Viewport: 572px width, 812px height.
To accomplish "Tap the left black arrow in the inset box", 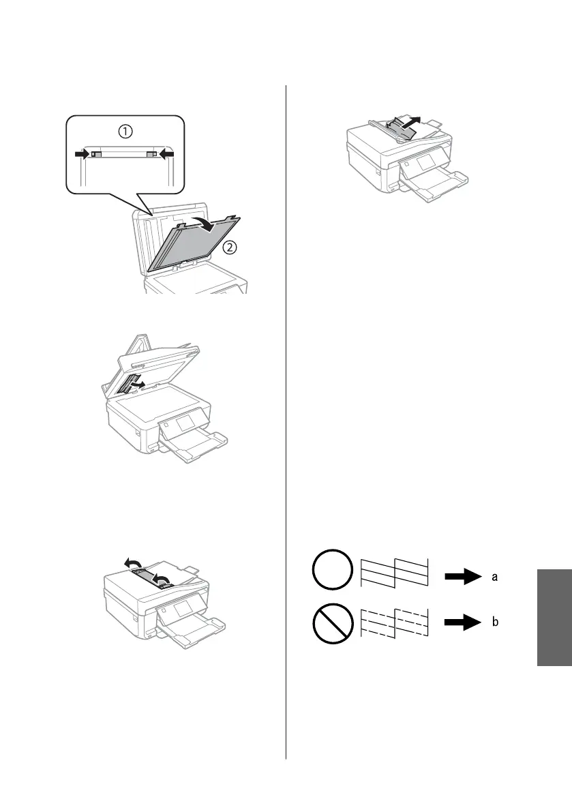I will click(x=82, y=155).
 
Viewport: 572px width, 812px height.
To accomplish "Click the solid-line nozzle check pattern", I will click(x=394, y=571).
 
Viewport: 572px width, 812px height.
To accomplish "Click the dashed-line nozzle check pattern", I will click(x=394, y=620).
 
